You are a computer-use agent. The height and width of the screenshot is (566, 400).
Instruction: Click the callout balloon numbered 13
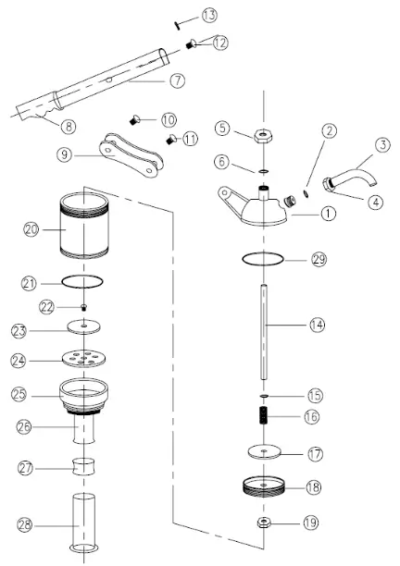coord(209,15)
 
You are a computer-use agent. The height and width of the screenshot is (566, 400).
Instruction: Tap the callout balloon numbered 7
coord(178,80)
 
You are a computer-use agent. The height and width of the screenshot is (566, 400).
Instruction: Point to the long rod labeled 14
coord(265,324)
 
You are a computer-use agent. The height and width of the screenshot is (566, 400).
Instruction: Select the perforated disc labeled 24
coord(85,358)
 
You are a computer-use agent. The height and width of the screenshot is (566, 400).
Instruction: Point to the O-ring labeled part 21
coord(85,281)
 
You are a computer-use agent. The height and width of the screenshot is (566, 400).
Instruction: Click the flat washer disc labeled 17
coord(265,453)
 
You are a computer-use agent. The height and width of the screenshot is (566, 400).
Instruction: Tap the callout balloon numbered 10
coord(168,119)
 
